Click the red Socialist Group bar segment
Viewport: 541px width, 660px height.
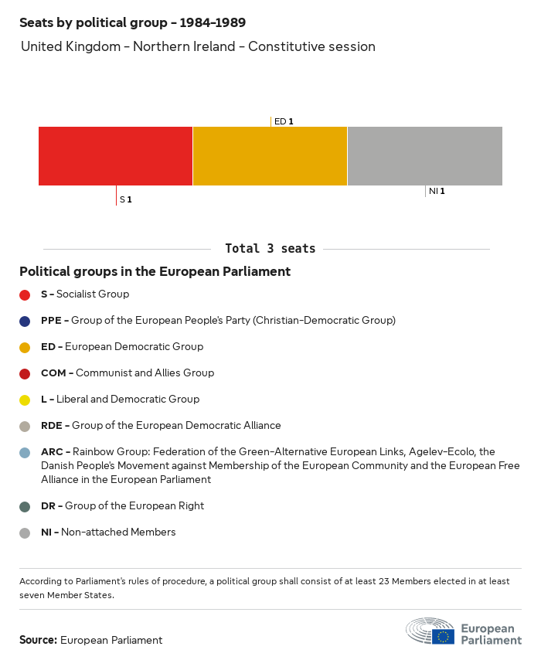pos(115,156)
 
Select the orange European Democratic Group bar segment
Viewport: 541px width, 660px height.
pos(270,156)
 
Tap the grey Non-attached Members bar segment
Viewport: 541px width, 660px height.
pos(424,156)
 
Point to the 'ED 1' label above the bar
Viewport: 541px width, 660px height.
pos(284,121)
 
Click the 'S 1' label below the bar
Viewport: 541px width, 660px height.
pos(126,200)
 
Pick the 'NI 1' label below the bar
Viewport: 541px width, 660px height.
pos(437,191)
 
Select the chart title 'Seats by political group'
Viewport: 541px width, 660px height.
pos(132,22)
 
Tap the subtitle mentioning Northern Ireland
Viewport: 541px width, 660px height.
pos(198,46)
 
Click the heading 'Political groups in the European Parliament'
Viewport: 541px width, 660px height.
pos(155,272)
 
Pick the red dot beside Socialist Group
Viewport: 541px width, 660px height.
pos(25,294)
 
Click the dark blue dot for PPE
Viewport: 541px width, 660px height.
pos(25,321)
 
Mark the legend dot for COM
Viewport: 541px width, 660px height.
pos(25,373)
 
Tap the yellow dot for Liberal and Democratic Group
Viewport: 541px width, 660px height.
pos(25,400)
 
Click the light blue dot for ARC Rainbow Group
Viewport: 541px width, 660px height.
pos(25,452)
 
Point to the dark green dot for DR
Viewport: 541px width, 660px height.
pos(25,506)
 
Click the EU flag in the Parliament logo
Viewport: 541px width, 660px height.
pos(443,637)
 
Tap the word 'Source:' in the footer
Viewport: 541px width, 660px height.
pos(38,640)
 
